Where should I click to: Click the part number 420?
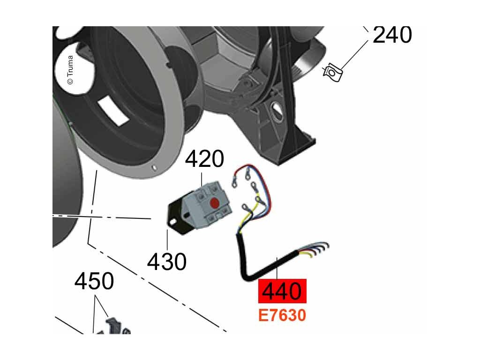[204, 159]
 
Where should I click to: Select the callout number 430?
[166, 261]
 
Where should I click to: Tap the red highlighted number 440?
[282, 291]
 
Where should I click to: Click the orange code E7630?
[282, 315]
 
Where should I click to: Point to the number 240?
[392, 35]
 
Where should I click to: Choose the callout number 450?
[94, 282]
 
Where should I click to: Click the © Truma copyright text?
[70, 70]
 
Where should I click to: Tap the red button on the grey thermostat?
[214, 203]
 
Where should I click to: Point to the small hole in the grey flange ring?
[154, 167]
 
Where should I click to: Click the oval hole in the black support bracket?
[277, 113]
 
